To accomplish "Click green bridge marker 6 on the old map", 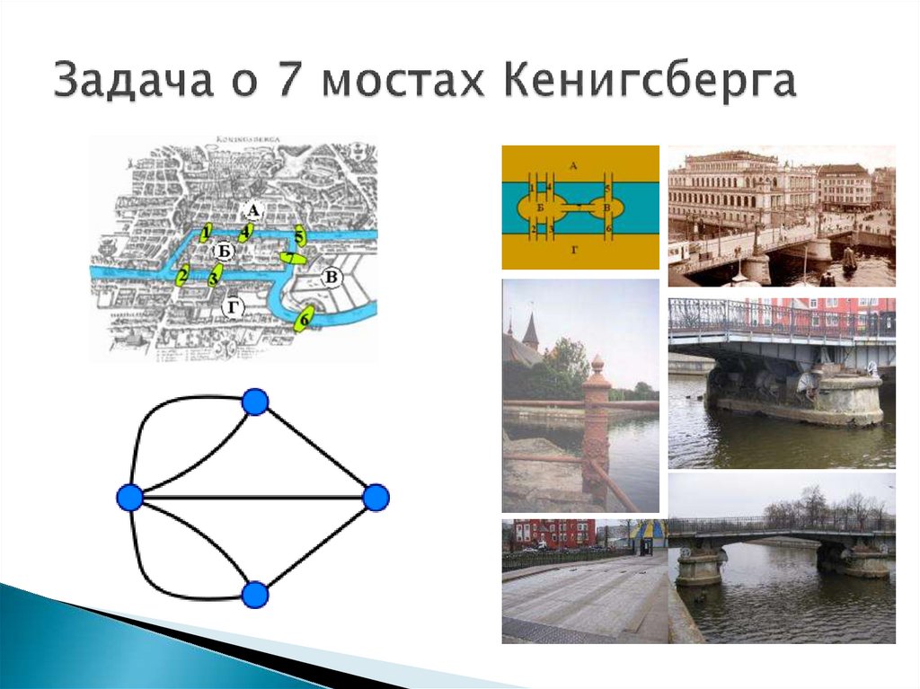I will pos(305,319).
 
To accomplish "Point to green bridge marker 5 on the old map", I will pos(300,237).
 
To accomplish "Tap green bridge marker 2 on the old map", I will pos(182,275).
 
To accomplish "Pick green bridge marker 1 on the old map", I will pos(207,234).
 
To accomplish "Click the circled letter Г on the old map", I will pos(233,308).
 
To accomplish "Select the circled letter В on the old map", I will pos(331,277).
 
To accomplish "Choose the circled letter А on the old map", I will pos(253,211).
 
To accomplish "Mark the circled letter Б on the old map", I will pos(226,250).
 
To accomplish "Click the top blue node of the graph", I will pos(255,402).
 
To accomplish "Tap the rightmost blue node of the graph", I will pos(376,497).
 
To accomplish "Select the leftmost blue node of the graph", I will pos(130,497).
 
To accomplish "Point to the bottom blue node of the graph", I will pos(255,594).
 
